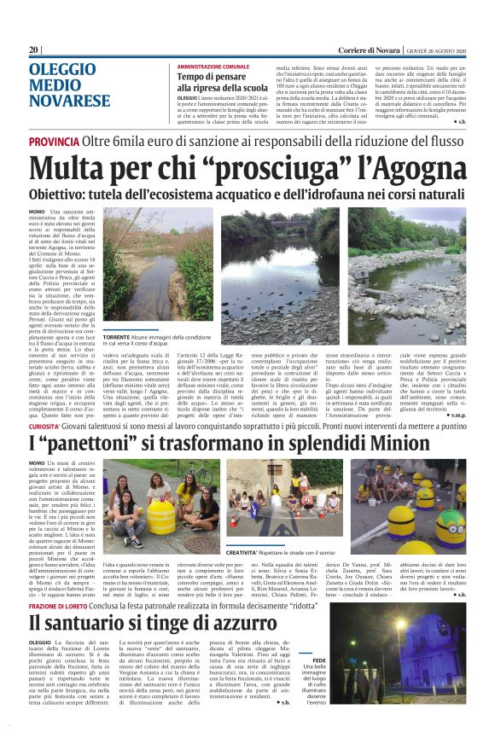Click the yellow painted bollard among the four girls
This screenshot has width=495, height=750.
coord(161,515)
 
